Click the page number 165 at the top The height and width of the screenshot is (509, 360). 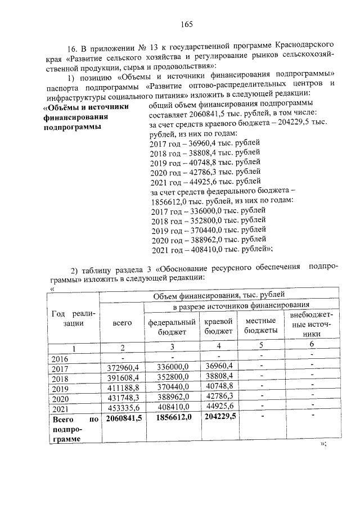(x=187, y=24)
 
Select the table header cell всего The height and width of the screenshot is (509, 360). (x=122, y=323)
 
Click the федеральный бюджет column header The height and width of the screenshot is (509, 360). (x=172, y=327)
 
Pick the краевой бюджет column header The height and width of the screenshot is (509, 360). (x=218, y=327)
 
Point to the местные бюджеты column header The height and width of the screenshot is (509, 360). (x=260, y=327)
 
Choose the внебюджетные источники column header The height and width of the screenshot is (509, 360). (x=311, y=323)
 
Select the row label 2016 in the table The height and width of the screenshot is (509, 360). (x=60, y=358)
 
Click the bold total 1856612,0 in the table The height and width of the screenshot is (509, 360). (x=172, y=419)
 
